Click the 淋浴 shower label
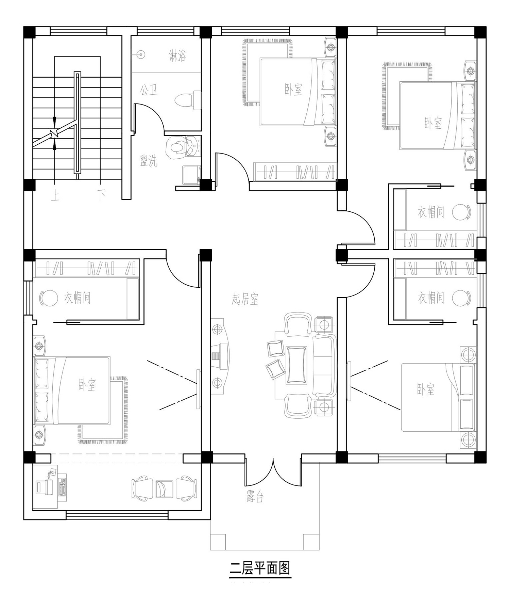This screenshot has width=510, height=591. point(178,55)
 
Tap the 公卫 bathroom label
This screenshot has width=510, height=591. point(149,90)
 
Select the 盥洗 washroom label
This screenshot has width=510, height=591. point(149,161)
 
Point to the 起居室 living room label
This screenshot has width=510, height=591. point(245,299)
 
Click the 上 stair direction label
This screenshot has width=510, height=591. point(55,195)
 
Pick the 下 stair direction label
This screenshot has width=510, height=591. point(101,195)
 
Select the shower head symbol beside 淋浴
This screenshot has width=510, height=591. point(139,53)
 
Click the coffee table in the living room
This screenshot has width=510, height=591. point(296,365)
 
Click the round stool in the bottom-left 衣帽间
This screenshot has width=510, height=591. point(49,298)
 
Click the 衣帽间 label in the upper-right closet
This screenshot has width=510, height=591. point(431,212)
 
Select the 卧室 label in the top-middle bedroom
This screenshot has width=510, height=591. point(293,90)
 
